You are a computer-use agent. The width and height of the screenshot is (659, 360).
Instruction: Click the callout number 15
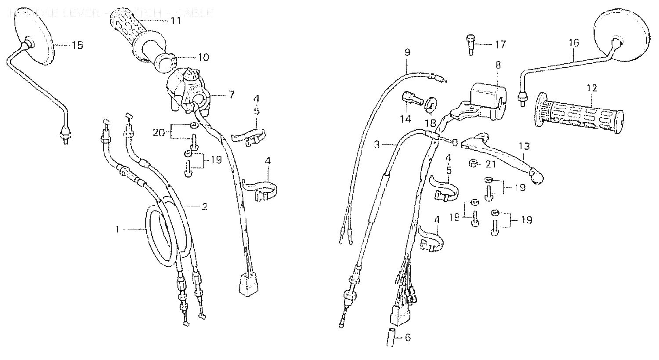(77, 45)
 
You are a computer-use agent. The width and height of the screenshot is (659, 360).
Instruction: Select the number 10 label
(203, 58)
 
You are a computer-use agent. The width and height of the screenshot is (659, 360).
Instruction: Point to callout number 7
(232, 94)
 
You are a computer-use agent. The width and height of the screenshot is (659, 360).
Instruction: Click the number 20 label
(159, 132)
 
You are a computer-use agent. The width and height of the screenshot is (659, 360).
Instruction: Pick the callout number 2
(204, 207)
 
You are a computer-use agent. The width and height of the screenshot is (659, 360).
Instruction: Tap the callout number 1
(117, 229)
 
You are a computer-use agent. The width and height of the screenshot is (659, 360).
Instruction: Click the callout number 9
(407, 52)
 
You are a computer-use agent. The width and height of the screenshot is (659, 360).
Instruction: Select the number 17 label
(500, 44)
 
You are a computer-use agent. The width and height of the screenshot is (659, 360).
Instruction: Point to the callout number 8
(498, 65)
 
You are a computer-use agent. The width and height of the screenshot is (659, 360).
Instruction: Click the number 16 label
(574, 43)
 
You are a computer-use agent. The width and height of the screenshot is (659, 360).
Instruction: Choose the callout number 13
(524, 145)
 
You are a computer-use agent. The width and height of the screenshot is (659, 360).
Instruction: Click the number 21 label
(491, 164)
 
